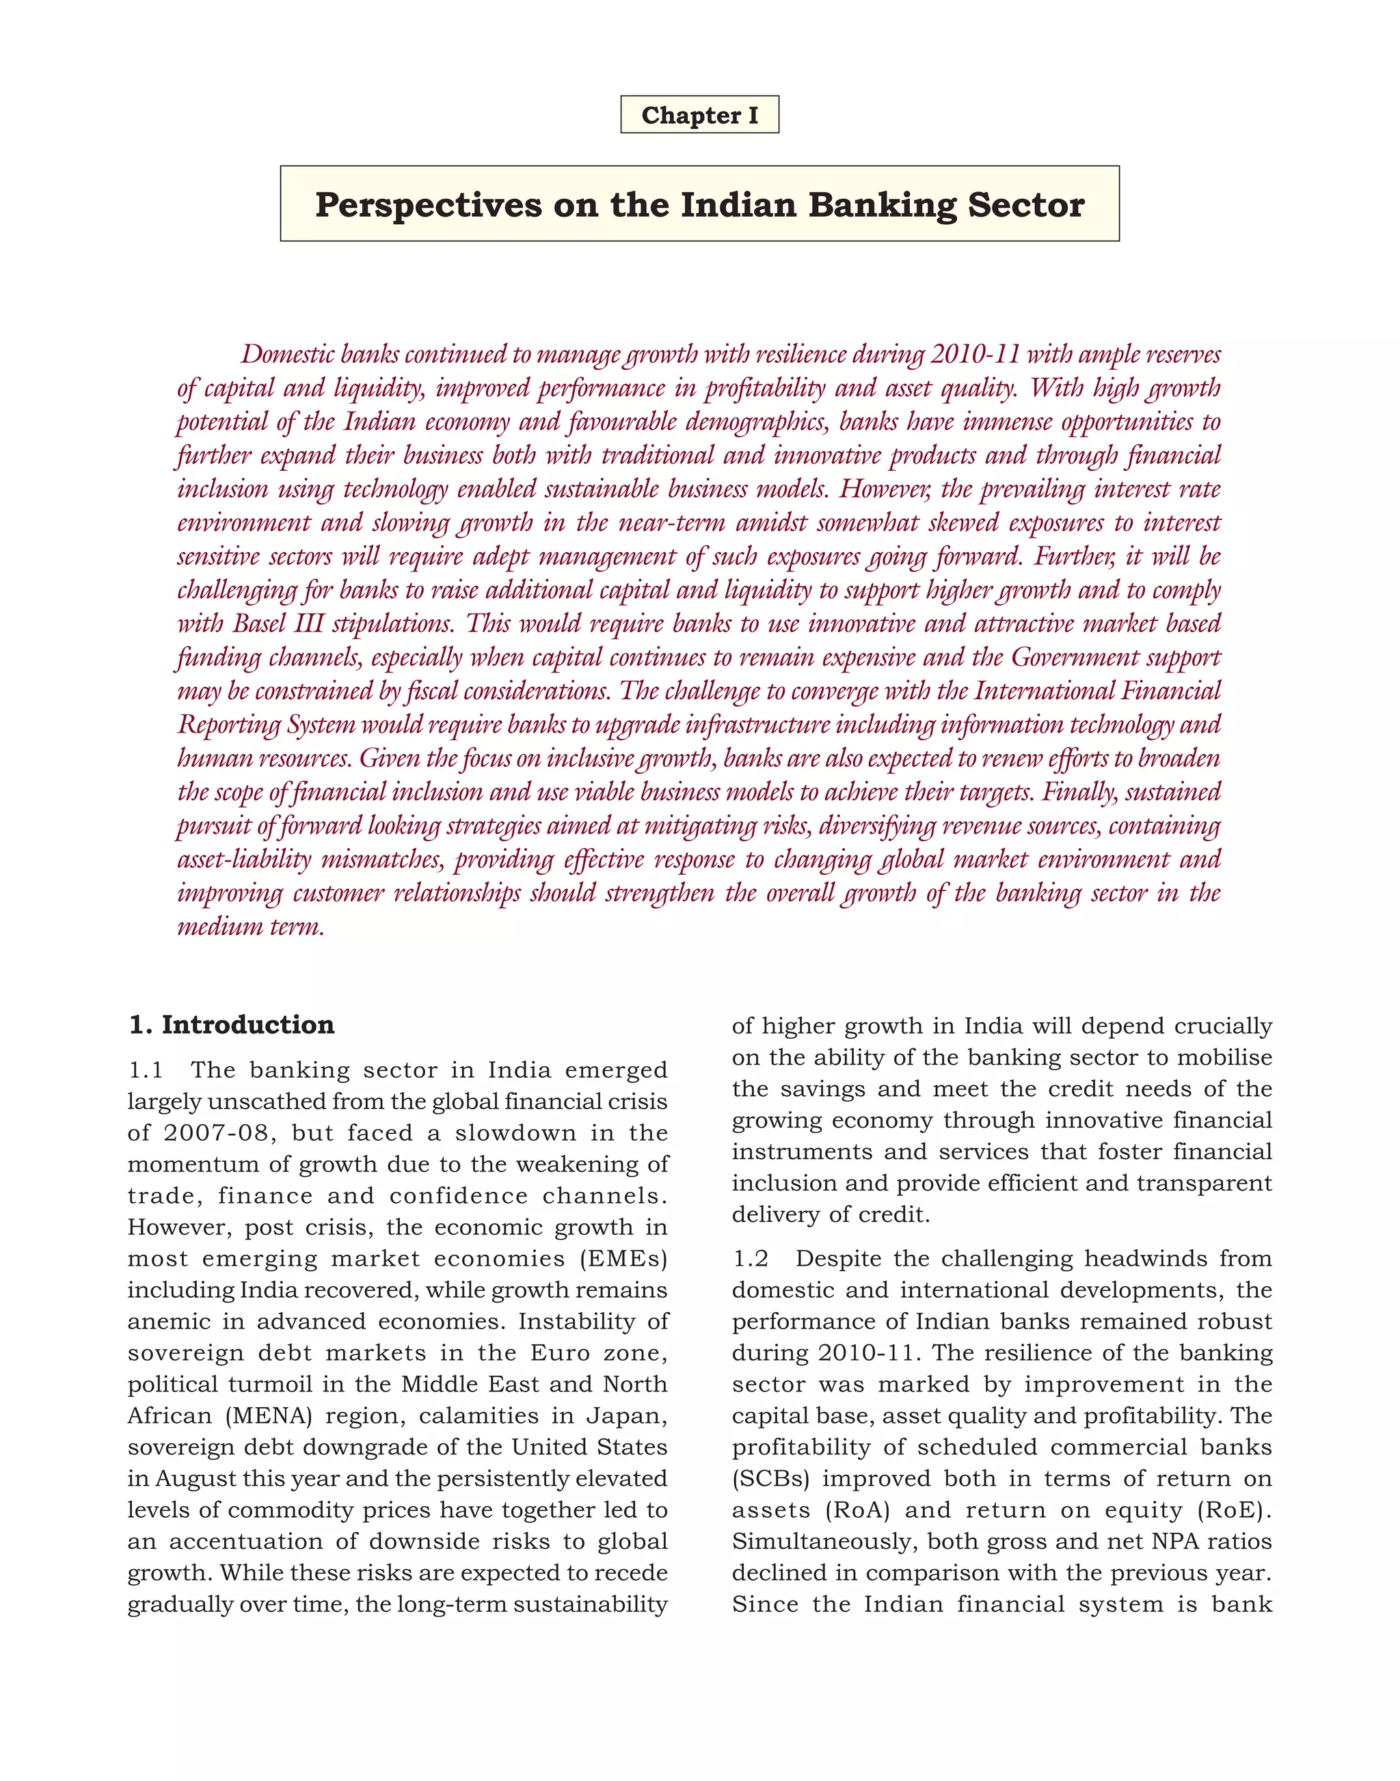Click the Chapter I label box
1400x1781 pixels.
pos(699,115)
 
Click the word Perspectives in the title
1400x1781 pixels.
pos(428,205)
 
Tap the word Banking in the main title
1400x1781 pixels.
pos(882,205)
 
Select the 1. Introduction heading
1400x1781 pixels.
pos(232,1024)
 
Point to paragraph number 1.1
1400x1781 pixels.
pos(146,1070)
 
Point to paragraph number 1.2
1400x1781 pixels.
pos(750,1259)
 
